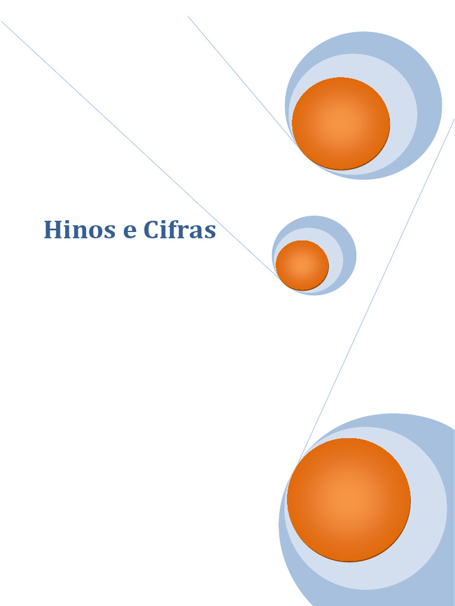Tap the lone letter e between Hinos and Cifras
(129, 231)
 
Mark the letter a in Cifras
(197, 231)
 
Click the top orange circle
(341, 123)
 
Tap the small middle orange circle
(302, 265)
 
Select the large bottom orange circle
(348, 499)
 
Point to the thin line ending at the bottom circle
(379, 284)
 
